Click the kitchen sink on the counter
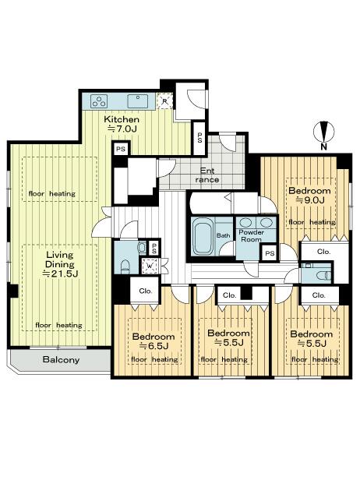(138, 100)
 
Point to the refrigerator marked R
(164, 100)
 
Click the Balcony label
(60, 359)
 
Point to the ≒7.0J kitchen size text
(122, 128)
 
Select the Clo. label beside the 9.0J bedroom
(324, 252)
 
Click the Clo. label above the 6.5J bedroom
(145, 291)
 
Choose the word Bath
(224, 235)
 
